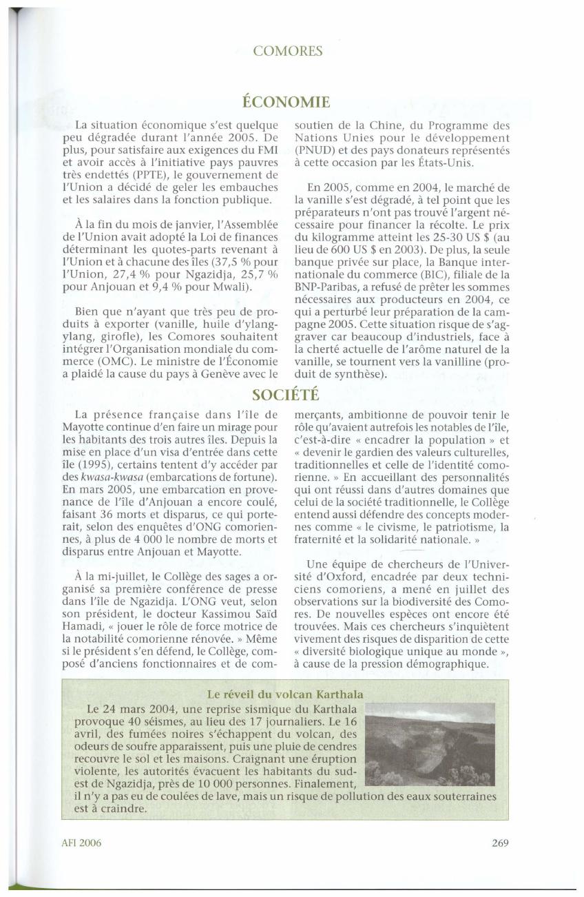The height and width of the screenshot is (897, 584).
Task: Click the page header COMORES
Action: (289, 50)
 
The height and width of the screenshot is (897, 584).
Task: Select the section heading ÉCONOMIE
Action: (287, 103)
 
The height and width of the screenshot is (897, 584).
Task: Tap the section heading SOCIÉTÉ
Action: (286, 394)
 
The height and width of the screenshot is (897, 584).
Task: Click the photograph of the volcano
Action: (428, 745)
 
